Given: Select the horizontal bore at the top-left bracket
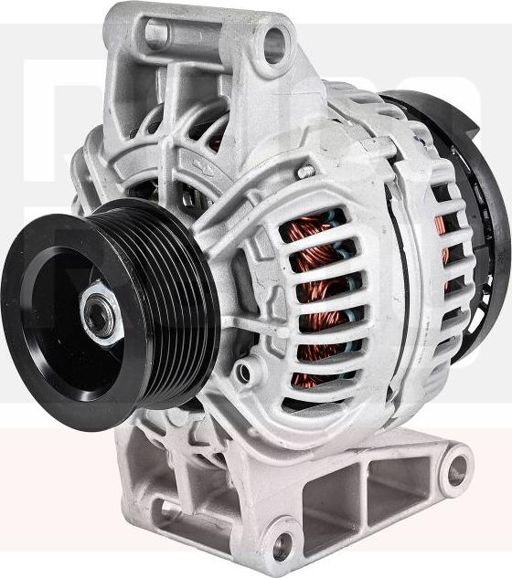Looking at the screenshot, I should coord(156,35).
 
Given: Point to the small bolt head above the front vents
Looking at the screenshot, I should coord(306,171).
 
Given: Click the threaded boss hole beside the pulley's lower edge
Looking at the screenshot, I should coord(244,372).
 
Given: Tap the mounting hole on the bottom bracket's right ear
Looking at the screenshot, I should coord(454,470).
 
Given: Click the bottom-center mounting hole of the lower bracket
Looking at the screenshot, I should coord(283,546).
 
